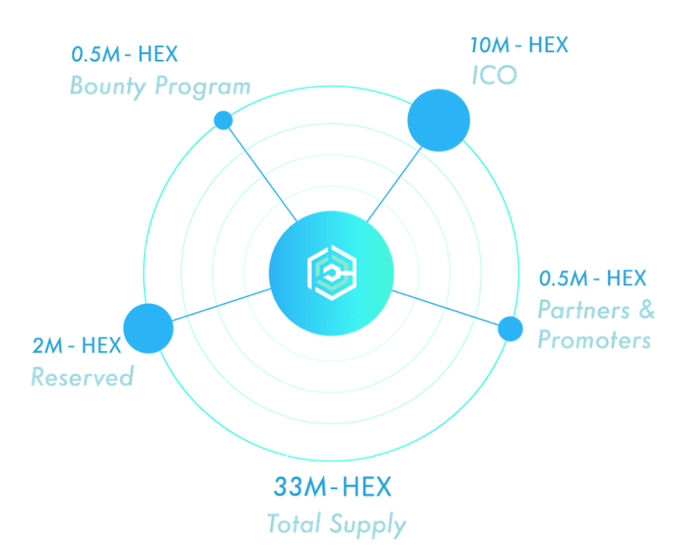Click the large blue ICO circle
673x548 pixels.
click(438, 120)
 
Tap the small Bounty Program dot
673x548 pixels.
click(223, 120)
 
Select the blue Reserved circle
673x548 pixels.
click(148, 328)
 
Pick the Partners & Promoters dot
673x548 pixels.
click(510, 328)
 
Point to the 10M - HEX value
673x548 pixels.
click(519, 45)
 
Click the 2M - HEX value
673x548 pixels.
click(77, 345)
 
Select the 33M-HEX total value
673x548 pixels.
click(332, 487)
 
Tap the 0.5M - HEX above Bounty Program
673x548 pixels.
click(125, 55)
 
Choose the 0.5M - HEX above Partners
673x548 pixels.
click(593, 278)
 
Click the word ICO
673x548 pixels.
click(494, 76)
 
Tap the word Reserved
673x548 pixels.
click(82, 376)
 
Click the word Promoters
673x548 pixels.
click(594, 340)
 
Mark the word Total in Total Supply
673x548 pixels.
click(294, 524)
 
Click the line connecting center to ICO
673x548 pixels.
click(392, 184)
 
